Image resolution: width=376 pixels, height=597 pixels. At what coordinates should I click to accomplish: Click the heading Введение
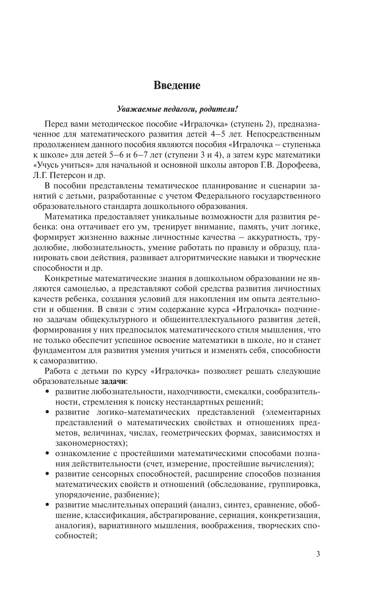[177, 85]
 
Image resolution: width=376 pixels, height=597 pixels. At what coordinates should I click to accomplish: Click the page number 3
[318, 563]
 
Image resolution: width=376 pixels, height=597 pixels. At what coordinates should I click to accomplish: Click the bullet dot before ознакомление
[47, 453]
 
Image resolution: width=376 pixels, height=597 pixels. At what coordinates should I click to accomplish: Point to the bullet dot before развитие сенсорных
[47, 474]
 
